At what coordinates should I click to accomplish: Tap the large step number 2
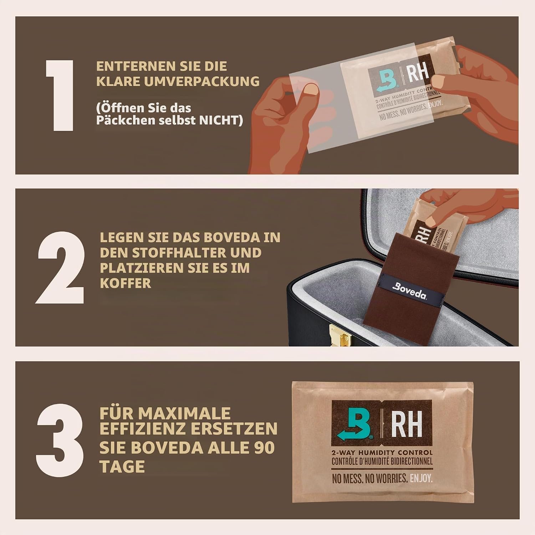[x=60, y=267]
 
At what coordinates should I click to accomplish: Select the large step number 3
[x=60, y=440]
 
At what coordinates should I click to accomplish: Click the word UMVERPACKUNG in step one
[x=202, y=81]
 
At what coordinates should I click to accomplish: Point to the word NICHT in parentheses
[x=221, y=120]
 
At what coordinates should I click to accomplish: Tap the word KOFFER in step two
[x=126, y=283]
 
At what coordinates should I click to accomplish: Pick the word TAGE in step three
[x=122, y=467]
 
